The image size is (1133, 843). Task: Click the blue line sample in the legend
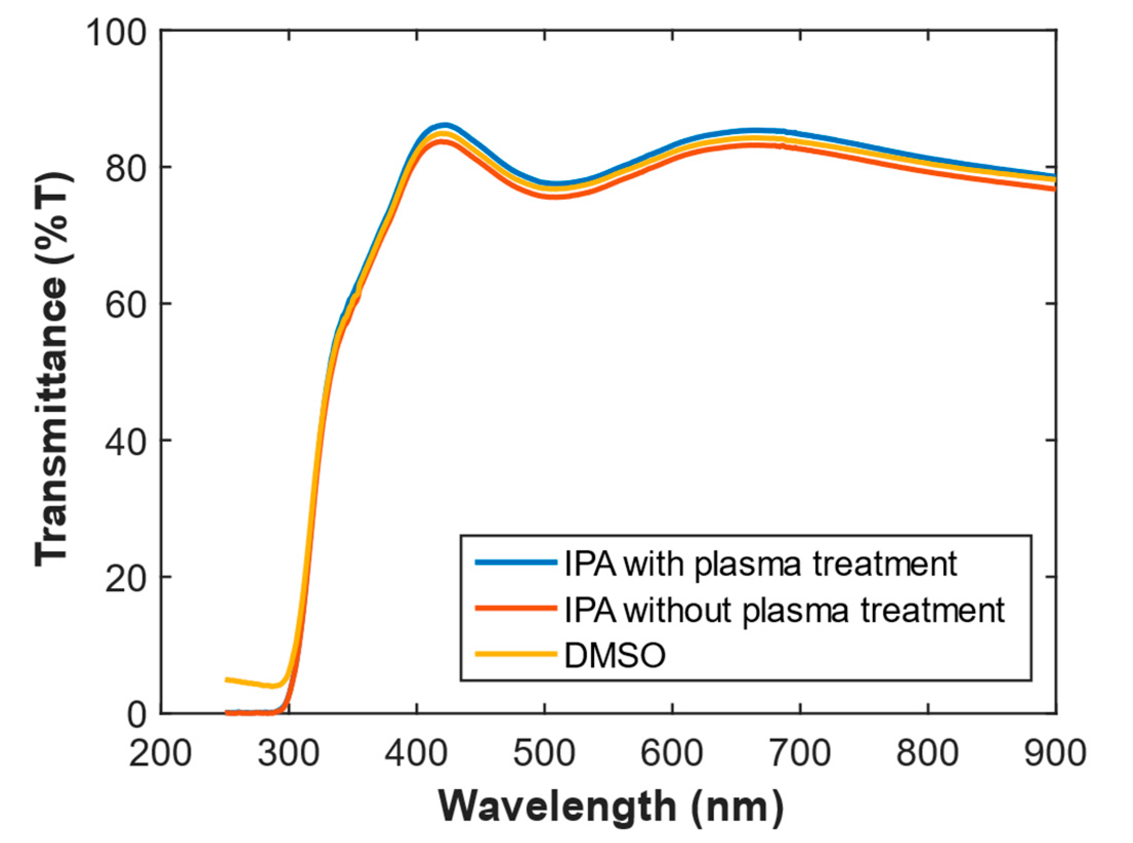(516, 562)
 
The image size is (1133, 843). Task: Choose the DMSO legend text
(614, 655)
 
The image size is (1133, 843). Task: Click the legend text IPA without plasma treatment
(784, 609)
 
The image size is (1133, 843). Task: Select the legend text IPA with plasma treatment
(760, 564)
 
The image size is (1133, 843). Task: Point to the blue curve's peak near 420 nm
(444, 125)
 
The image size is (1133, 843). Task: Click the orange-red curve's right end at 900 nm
(1054, 189)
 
